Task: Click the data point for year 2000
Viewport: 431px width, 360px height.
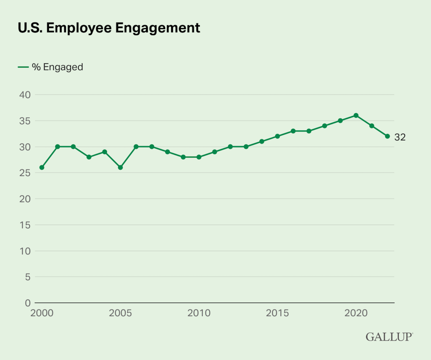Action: (x=42, y=168)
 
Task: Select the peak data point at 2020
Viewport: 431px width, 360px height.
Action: (x=356, y=116)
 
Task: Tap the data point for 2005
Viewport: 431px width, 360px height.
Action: (x=120, y=168)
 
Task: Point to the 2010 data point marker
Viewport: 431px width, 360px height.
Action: (x=199, y=157)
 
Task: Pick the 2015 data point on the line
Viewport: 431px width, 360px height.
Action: (x=277, y=136)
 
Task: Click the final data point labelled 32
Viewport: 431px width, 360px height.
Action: (x=387, y=136)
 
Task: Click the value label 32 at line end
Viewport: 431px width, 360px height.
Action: (x=400, y=137)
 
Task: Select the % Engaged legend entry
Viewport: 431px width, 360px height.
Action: (x=57, y=67)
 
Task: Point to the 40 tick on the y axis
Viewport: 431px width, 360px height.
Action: (x=25, y=95)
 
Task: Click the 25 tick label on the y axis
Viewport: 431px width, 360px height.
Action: (x=25, y=173)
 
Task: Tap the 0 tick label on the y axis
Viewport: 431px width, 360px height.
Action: (x=28, y=303)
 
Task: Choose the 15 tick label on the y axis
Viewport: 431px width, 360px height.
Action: (x=25, y=225)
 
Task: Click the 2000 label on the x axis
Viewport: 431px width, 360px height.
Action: (x=42, y=313)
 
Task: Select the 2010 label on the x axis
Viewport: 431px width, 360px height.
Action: (x=199, y=313)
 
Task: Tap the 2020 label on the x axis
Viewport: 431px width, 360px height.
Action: (x=356, y=313)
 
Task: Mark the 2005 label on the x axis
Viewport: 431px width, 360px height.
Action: (x=120, y=313)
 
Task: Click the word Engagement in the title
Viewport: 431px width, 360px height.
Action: (x=158, y=28)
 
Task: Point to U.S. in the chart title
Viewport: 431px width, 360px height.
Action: (x=30, y=28)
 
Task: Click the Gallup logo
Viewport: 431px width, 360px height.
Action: (x=389, y=337)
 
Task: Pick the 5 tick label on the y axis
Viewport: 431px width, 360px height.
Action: (x=28, y=277)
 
